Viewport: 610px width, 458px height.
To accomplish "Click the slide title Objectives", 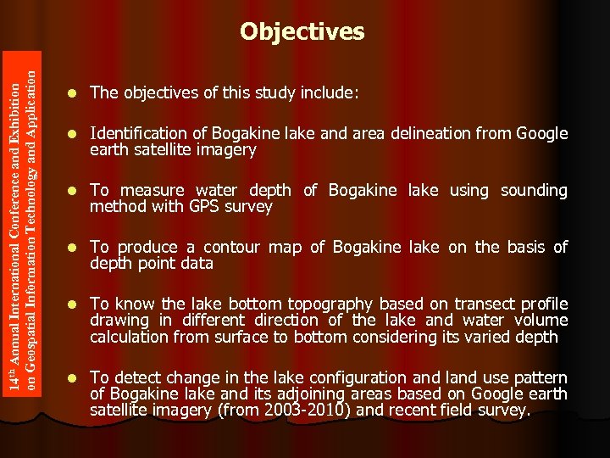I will coord(302,32).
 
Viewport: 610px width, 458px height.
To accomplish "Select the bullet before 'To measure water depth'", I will coord(73,191).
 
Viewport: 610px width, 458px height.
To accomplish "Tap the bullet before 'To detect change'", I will coord(73,377).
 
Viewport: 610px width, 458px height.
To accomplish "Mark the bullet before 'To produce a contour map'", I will coord(73,248).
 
